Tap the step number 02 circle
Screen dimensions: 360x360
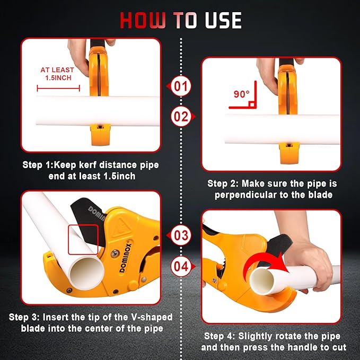(x=181, y=116)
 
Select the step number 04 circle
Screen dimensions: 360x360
(x=181, y=266)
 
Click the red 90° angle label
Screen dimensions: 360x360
(x=241, y=94)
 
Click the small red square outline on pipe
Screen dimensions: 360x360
(x=83, y=239)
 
